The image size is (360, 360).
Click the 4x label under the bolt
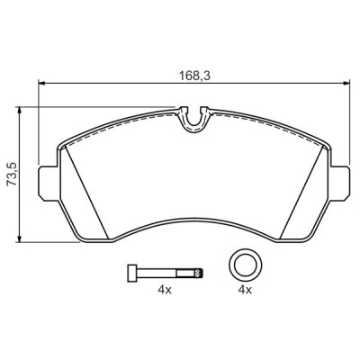click(x=164, y=291)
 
